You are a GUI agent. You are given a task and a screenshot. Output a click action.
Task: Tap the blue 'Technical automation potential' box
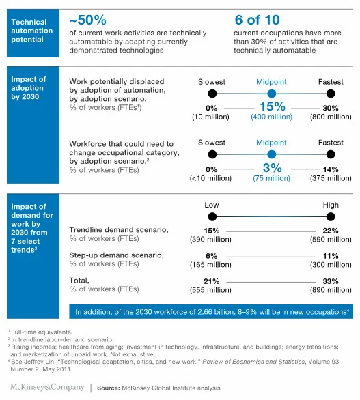pos(32,31)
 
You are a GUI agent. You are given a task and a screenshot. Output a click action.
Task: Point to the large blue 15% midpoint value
pos(271,107)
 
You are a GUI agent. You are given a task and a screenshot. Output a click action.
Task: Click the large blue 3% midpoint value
pos(271,169)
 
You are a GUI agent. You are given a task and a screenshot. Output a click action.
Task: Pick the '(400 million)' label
pos(271,117)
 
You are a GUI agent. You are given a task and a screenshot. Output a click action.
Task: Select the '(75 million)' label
pos(271,179)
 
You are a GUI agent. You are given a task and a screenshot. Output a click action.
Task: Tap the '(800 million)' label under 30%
pos(331,117)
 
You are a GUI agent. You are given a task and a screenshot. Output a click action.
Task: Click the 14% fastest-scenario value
pos(331,169)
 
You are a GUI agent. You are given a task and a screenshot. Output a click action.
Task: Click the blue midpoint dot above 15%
pos(271,94)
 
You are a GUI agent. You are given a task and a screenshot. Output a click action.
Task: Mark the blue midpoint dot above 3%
pos(271,154)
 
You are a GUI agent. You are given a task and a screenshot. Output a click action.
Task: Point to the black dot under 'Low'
pos(212,216)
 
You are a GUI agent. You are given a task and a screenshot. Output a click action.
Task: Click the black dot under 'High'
pos(331,216)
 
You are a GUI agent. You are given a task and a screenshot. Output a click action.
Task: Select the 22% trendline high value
pos(331,231)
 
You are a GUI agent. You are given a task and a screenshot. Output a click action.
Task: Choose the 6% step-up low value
pos(212,255)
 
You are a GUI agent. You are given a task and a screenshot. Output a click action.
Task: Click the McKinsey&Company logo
pos(42,388)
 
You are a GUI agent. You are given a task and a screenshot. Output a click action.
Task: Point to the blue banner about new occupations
pos(211,311)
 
